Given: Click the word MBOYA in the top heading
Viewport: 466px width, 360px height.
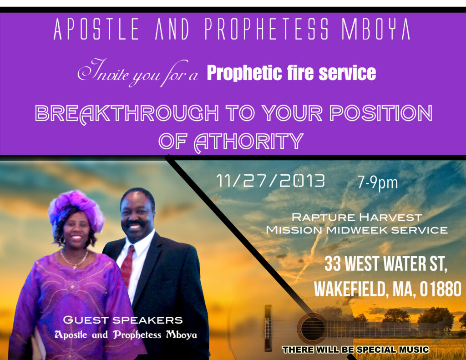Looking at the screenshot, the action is [x=376, y=29].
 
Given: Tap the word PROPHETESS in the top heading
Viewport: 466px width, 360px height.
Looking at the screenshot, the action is [x=267, y=29].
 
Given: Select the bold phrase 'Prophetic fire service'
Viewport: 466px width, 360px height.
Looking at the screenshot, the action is [x=291, y=73].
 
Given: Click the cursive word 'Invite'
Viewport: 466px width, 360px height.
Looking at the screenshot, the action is [x=103, y=71].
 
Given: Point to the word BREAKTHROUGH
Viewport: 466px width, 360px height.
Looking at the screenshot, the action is [x=127, y=113].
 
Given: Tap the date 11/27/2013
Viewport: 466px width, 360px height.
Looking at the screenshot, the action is [x=270, y=181].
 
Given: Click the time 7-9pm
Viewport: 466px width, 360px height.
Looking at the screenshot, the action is [x=378, y=183].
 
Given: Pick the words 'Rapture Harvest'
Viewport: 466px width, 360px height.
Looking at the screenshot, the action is [x=357, y=217].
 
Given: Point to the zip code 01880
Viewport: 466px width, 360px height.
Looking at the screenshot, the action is [x=441, y=289].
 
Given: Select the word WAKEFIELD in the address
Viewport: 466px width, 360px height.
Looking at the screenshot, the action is [x=350, y=289].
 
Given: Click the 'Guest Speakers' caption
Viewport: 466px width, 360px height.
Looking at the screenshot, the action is [x=123, y=320].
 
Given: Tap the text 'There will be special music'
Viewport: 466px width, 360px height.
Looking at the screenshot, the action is [x=356, y=350].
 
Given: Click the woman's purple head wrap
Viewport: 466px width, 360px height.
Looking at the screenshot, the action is [x=76, y=209].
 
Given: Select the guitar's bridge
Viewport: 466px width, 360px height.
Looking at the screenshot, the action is [x=268, y=327].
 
